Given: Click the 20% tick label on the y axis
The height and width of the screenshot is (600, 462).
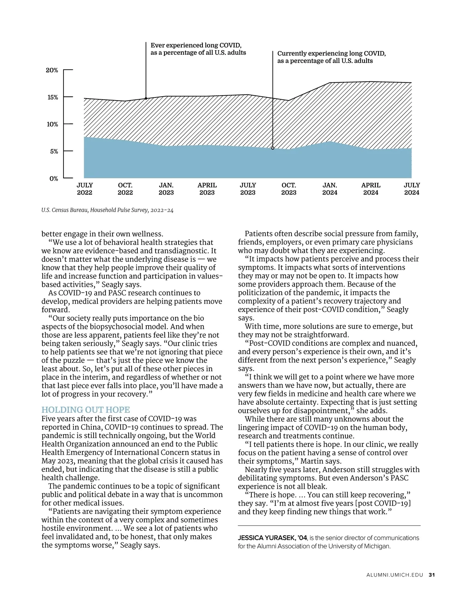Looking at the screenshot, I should pyautogui.click(x=52, y=70).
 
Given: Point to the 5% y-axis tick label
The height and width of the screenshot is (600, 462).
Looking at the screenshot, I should pyautogui.click(x=54, y=151).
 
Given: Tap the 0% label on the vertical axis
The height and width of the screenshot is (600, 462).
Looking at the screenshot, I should pyautogui.click(x=54, y=179).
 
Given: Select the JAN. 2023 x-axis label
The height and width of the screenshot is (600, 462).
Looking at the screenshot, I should pyautogui.click(x=166, y=189).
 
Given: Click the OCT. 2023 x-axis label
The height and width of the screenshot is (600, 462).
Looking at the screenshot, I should pyautogui.click(x=289, y=189).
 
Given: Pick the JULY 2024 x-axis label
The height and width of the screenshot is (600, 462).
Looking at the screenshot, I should pyautogui.click(x=412, y=189).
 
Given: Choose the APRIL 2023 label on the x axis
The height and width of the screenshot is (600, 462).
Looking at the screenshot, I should pyautogui.click(x=207, y=189).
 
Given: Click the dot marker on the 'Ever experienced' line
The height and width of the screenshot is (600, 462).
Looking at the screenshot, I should pyautogui.click(x=146, y=98).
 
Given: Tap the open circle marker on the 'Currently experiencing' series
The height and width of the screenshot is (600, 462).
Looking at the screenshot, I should pyautogui.click(x=273, y=148).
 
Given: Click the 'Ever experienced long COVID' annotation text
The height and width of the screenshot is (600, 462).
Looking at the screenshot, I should pyautogui.click(x=198, y=49).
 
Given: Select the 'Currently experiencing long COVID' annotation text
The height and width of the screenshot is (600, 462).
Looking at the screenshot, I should pyautogui.click(x=331, y=57).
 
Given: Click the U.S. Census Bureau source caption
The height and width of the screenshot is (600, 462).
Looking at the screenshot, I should pyautogui.click(x=107, y=210).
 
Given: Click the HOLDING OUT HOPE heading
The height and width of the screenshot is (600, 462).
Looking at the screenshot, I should pyautogui.click(x=85, y=410).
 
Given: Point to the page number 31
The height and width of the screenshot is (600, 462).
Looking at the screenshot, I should pyautogui.click(x=432, y=575).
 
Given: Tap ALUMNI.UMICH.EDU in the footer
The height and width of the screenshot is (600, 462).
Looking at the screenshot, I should pyautogui.click(x=395, y=575).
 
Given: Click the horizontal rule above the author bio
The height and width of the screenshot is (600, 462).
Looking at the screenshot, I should pyautogui.click(x=329, y=526).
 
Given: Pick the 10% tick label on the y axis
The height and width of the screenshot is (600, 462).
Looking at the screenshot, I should pyautogui.click(x=52, y=124).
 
